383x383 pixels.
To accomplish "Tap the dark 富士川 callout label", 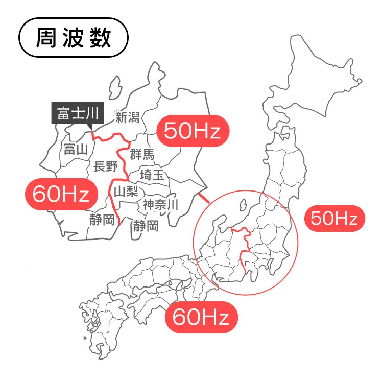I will point(77,113).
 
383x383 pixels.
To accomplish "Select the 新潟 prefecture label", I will point(127,118).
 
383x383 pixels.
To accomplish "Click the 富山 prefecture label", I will point(76,149).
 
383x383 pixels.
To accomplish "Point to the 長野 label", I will point(106,165).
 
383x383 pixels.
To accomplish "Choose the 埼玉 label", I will point(152,175).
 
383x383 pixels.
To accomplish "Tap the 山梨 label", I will point(126,192).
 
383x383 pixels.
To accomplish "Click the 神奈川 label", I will point(160,205).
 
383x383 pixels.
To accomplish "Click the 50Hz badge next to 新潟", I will point(193,131).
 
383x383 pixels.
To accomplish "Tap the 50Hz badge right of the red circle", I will point(334,219).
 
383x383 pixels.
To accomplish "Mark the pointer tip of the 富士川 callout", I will point(91,130).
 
